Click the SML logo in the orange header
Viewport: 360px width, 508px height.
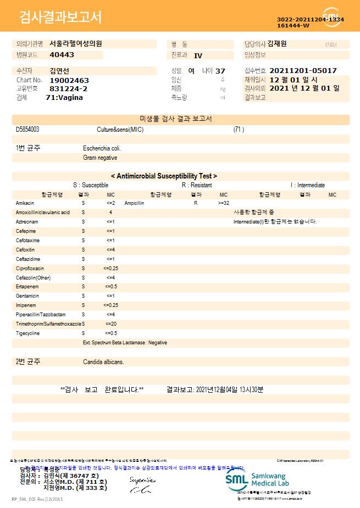click(x=331, y=16)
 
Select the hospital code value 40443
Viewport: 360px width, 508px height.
click(x=62, y=55)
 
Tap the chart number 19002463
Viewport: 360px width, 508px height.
click(x=69, y=80)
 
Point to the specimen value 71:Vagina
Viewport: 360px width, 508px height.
click(x=64, y=97)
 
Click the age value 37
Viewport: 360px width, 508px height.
click(x=220, y=71)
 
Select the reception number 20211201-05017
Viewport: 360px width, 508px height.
click(x=303, y=71)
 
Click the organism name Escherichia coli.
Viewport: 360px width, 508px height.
click(x=102, y=148)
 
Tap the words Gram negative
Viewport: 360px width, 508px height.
click(x=100, y=158)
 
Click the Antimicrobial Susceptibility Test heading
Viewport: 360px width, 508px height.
click(x=164, y=176)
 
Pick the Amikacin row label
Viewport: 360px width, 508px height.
click(x=25, y=203)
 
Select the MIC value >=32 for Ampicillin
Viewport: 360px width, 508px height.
click(x=224, y=203)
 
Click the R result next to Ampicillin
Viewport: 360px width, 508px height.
click(x=196, y=203)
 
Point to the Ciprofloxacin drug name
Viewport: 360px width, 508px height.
click(x=30, y=268)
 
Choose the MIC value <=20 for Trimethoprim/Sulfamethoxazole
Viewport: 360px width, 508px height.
click(x=110, y=323)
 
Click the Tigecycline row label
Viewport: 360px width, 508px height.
click(x=27, y=333)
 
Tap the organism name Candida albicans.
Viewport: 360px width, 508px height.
click(x=103, y=362)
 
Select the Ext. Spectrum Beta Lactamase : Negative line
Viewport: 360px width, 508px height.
click(x=125, y=342)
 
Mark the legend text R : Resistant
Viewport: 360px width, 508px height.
click(x=196, y=186)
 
